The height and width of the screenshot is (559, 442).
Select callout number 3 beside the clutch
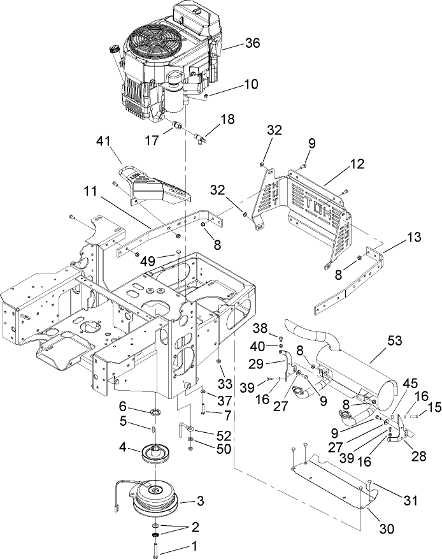[199, 502]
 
